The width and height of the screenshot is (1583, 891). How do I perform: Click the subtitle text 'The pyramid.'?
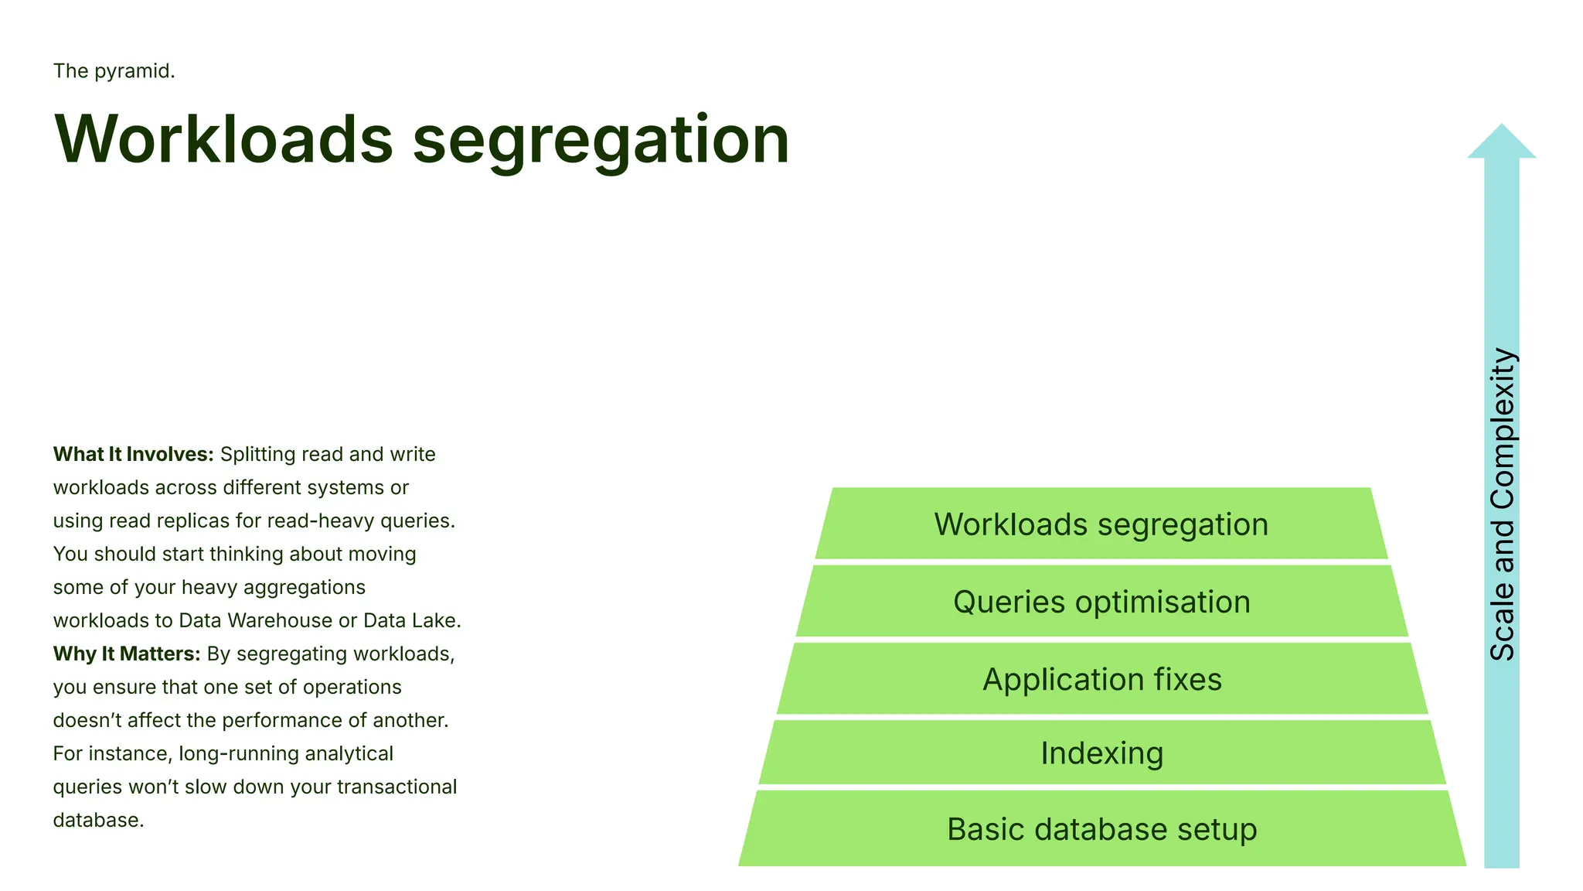point(114,71)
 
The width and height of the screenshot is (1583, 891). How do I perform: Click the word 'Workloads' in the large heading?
point(223,139)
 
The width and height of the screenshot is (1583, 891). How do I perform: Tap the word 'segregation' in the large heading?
point(601,141)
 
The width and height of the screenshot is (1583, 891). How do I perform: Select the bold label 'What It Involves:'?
point(133,454)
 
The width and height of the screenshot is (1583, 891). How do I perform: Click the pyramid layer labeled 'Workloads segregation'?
point(1101,524)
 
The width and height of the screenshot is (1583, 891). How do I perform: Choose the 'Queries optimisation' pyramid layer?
point(1101,602)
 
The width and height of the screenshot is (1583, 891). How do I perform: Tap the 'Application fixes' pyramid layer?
point(1101,679)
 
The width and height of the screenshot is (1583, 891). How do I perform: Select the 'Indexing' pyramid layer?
point(1101,753)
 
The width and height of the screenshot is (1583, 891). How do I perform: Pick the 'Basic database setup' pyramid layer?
point(1101,829)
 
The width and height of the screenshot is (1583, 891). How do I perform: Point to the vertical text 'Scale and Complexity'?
point(1502,504)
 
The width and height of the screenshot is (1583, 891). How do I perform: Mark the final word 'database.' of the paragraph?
point(98,820)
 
